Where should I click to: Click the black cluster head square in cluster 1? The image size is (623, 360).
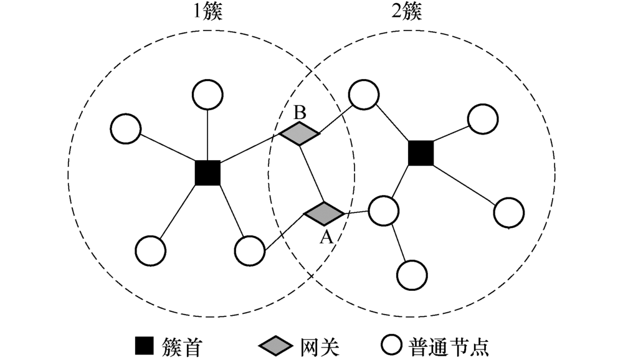tap(207, 173)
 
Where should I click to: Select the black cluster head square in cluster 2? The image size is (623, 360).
tap(421, 153)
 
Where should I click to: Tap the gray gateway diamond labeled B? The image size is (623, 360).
tap(299, 133)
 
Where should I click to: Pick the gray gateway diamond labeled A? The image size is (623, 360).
tap(324, 214)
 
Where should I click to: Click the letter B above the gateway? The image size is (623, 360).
tap(300, 113)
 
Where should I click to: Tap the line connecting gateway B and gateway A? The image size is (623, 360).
tap(311, 173)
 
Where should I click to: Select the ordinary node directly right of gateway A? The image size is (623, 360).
tap(383, 211)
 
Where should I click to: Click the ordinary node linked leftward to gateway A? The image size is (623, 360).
tap(250, 250)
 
